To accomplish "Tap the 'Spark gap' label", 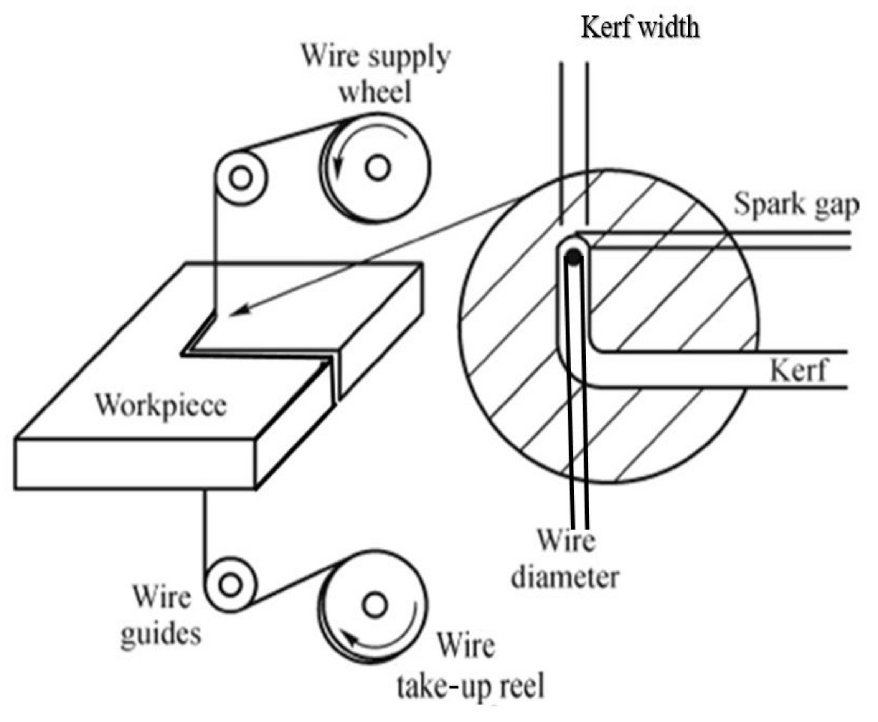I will point(796,205).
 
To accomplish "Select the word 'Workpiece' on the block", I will point(161,404).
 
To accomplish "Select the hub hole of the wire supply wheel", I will point(378,168).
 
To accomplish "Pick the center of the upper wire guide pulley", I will point(241,178).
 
